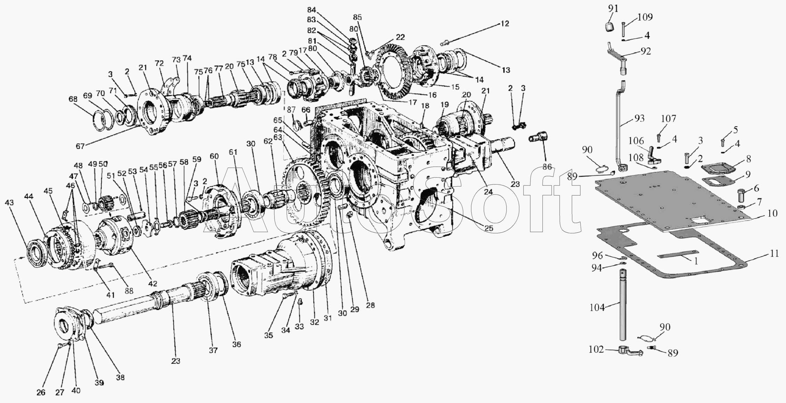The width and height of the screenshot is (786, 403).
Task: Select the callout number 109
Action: click(x=645, y=17)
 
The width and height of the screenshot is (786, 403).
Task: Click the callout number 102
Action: click(x=596, y=349)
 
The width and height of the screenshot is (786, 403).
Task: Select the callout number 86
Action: click(x=547, y=167)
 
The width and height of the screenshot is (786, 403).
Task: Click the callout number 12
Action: click(x=505, y=24)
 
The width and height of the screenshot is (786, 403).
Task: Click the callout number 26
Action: click(x=41, y=393)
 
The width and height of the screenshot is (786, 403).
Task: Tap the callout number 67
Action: click(x=80, y=146)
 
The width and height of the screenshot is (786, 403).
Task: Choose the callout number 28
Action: click(x=371, y=305)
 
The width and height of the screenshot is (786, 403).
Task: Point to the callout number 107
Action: click(x=669, y=119)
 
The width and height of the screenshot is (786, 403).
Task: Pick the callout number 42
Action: click(x=153, y=284)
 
